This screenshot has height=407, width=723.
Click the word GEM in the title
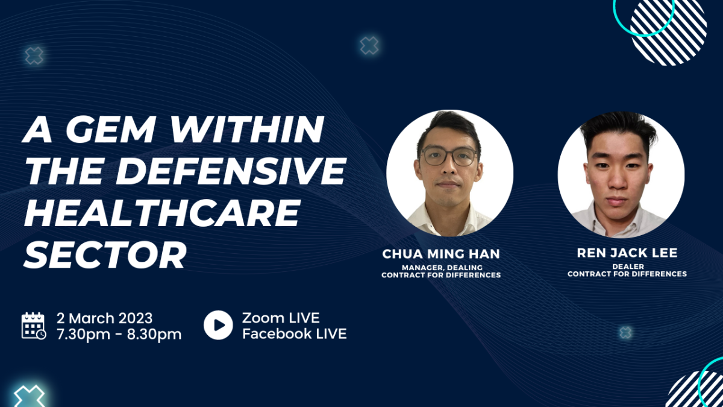pos(110,129)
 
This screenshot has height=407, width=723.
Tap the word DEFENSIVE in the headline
pos(231,171)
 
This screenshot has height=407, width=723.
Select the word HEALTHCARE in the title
pos(161,213)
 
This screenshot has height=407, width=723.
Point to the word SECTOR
pos(105,255)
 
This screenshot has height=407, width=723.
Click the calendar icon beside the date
pos(34,326)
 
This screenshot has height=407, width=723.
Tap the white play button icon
pos(218,325)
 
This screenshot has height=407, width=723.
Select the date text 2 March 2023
pos(105,318)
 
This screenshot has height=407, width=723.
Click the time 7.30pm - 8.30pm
pos(119,334)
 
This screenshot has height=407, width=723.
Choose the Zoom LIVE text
pos(281,318)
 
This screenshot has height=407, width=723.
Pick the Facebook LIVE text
pos(295,333)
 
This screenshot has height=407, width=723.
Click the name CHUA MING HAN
pos(441,254)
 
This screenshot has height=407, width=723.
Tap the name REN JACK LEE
pos(627,253)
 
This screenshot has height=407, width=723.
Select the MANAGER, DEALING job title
pos(442,268)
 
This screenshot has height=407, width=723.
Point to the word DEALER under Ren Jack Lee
pos(628,267)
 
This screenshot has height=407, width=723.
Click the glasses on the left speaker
pos(449,156)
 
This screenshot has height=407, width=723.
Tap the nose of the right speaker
pos(617,183)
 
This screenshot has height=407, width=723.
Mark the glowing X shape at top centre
pos(369,46)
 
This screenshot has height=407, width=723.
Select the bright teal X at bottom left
pos(30,397)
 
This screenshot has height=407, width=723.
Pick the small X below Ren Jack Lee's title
pos(625,333)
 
